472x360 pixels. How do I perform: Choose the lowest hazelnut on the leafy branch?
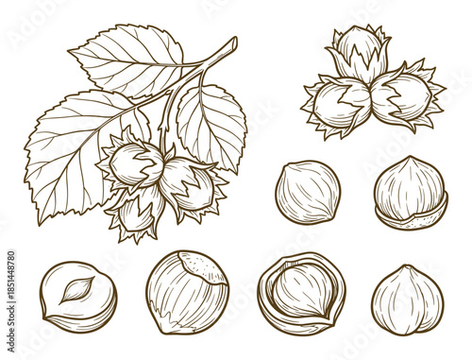(x=138, y=213)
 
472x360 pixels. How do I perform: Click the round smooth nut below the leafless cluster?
(x=308, y=192)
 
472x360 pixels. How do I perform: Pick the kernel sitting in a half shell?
(x=411, y=184)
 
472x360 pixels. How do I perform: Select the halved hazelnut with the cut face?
(x=78, y=296)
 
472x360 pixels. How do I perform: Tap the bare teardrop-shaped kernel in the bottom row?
(x=407, y=299)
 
